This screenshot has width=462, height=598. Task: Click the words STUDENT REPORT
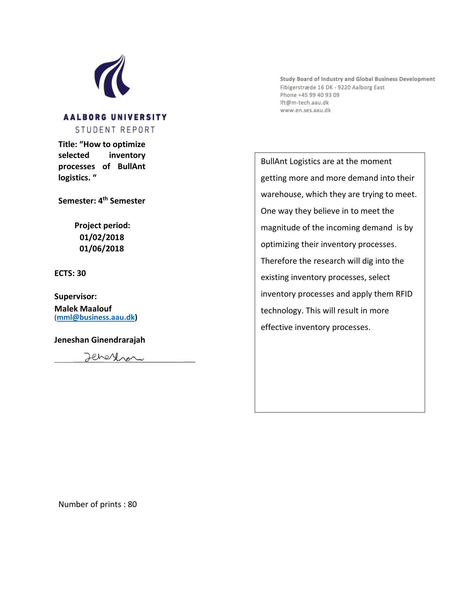tap(115, 130)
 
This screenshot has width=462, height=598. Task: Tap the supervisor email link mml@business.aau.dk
tap(96, 317)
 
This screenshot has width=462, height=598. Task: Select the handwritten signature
tap(114, 357)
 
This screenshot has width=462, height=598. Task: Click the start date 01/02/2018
tap(102, 237)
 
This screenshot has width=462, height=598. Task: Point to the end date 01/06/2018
tap(102, 248)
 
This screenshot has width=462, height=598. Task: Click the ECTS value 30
tap(82, 273)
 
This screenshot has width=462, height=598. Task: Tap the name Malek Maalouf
tap(83, 309)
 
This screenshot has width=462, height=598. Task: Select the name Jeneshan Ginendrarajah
tap(100, 340)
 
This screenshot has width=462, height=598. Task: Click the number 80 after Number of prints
tap(132, 504)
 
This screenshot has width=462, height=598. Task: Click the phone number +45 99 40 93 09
tap(319, 95)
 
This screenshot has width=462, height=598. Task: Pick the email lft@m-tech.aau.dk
tap(304, 103)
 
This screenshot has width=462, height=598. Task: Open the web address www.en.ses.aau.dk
tap(305, 110)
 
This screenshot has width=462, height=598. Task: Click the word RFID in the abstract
tap(404, 294)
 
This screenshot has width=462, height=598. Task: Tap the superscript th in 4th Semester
tap(105, 198)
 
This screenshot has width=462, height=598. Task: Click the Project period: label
tap(102, 225)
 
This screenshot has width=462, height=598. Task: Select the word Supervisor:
tap(75, 296)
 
